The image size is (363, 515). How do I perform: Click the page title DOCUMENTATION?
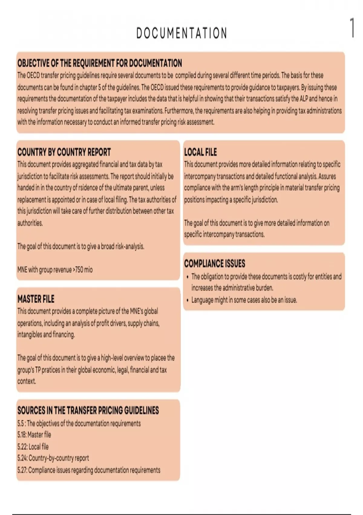click(181, 33)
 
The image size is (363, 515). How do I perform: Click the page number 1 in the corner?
click(352, 28)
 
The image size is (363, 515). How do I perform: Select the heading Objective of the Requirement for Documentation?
click(100, 63)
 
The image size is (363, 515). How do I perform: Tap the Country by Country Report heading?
click(64, 152)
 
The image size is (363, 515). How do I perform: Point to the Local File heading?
click(200, 152)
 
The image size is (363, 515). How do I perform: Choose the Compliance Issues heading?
click(214, 264)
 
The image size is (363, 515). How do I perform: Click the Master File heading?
click(36, 299)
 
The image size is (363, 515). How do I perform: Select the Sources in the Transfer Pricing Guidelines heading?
click(88, 410)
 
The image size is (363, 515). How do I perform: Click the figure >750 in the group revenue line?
click(78, 270)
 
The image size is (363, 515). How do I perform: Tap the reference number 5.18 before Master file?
click(21, 435)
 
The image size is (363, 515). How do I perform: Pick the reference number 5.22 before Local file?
click(22, 447)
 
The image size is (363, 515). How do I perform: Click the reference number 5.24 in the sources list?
click(22, 458)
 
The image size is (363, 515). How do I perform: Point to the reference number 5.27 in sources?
click(22, 470)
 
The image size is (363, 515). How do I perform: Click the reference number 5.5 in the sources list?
click(21, 423)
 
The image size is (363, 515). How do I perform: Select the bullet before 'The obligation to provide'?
click(188, 277)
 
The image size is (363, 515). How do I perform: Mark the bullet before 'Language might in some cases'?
click(188, 300)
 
